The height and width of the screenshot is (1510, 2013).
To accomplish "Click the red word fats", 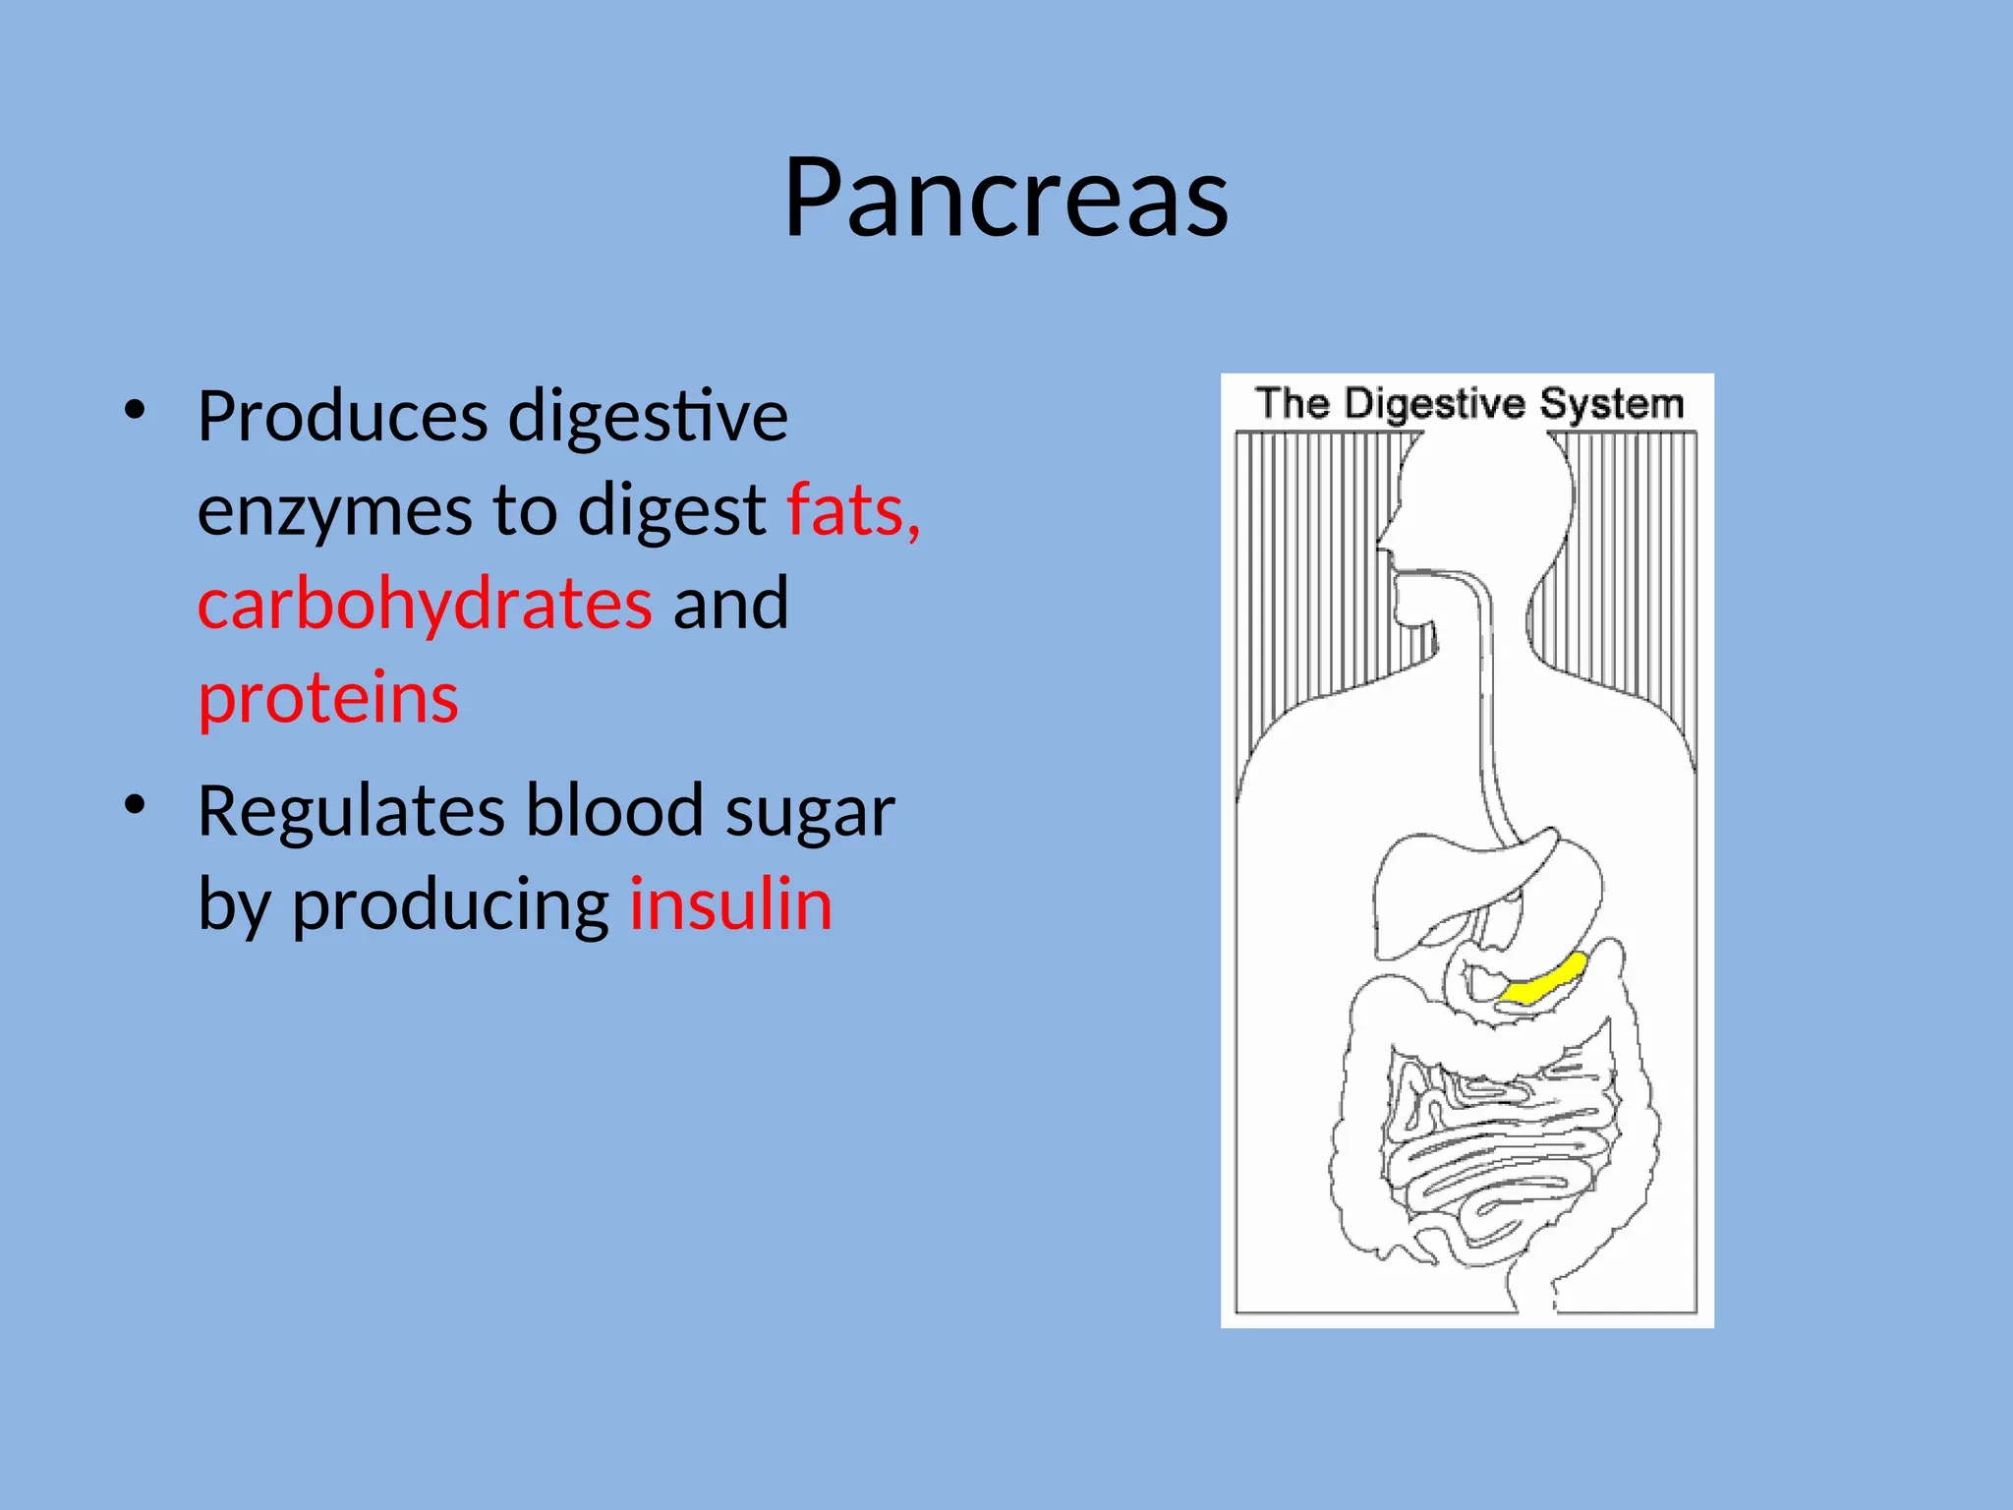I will tap(852, 510).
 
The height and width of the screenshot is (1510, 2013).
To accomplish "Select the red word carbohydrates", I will tap(425, 603).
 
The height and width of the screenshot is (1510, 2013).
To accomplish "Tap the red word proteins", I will tap(328, 697).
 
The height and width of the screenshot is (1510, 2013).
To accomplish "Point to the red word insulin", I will tap(730, 903).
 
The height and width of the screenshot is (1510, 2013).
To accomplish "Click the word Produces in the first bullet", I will tap(342, 417).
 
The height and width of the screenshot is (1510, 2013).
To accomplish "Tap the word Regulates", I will tap(351, 811).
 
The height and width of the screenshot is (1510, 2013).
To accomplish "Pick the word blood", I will tap(614, 811).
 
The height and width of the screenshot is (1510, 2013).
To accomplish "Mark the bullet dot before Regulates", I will tap(135, 804).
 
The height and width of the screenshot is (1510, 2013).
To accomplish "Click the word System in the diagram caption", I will tap(1611, 404).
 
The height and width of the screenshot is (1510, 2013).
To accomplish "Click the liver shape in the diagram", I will tap(1445, 885).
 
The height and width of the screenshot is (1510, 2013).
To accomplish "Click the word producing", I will tap(450, 905).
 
